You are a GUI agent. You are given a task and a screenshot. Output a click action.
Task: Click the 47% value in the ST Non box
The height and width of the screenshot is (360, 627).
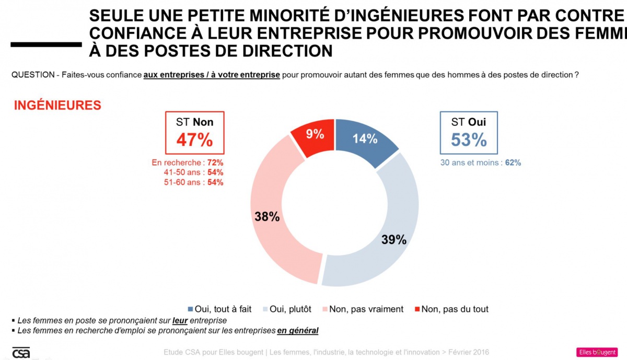pos(194,140)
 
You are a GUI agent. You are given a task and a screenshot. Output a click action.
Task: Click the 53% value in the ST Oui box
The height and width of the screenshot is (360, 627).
pos(469,140)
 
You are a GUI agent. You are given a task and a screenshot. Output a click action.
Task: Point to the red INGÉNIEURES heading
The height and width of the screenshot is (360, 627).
pos(57,105)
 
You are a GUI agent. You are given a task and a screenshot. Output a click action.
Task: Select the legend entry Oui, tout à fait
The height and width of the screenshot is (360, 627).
pos(219,309)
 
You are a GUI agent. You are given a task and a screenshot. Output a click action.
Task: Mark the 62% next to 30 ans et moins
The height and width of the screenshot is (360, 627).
pos(513,162)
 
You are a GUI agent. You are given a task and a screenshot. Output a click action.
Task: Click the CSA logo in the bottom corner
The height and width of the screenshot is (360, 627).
pos(21,352)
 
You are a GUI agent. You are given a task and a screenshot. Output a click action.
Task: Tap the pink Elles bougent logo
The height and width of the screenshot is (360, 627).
pos(597,352)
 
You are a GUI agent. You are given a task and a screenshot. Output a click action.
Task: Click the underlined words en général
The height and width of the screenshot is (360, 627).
pos(297,330)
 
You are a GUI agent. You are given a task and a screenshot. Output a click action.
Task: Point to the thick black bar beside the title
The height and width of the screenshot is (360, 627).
pos(46,44)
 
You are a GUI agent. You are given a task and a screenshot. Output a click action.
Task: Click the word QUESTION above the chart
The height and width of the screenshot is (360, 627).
pos(32,75)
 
